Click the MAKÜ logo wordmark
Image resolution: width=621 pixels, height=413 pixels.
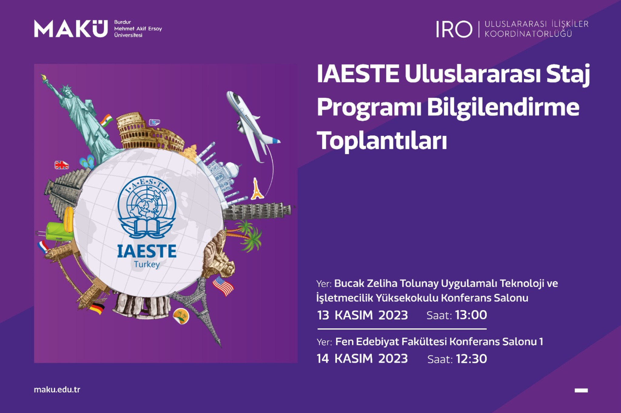[x=71, y=29]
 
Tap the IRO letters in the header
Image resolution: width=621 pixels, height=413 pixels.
[x=454, y=29]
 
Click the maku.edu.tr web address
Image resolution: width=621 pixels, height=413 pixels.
[x=57, y=390]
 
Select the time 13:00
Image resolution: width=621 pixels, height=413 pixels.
[x=471, y=315]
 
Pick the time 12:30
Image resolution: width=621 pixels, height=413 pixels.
[x=472, y=359]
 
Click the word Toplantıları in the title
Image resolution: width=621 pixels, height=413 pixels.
[x=382, y=140]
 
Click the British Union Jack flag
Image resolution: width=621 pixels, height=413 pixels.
[x=62, y=165]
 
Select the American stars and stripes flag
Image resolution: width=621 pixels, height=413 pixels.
[x=223, y=286]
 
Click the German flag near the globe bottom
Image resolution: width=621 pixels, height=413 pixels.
[x=97, y=308]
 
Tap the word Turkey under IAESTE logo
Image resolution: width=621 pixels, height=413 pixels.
[x=147, y=265]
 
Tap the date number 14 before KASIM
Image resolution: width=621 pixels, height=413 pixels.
[x=323, y=359]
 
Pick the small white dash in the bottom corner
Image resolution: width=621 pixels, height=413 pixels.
[x=581, y=391]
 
